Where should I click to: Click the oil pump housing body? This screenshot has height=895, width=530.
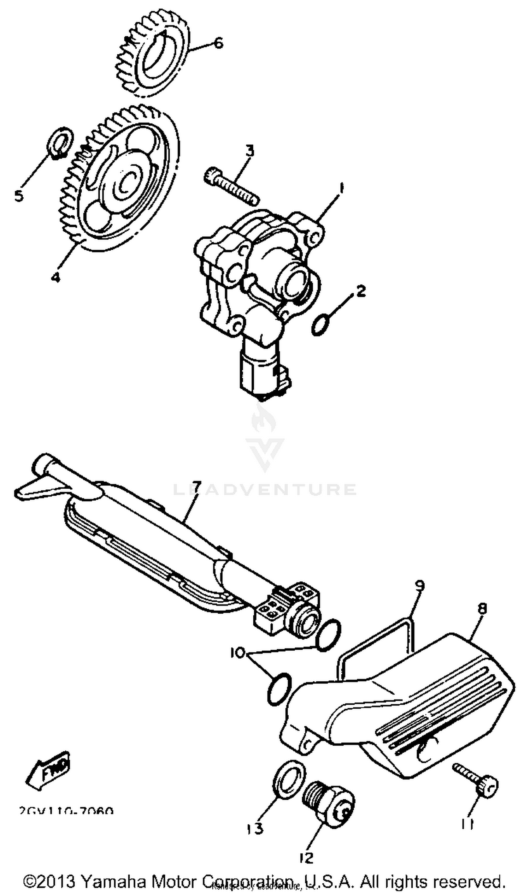point(257,282)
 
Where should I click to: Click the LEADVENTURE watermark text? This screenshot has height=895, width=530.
point(265,489)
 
